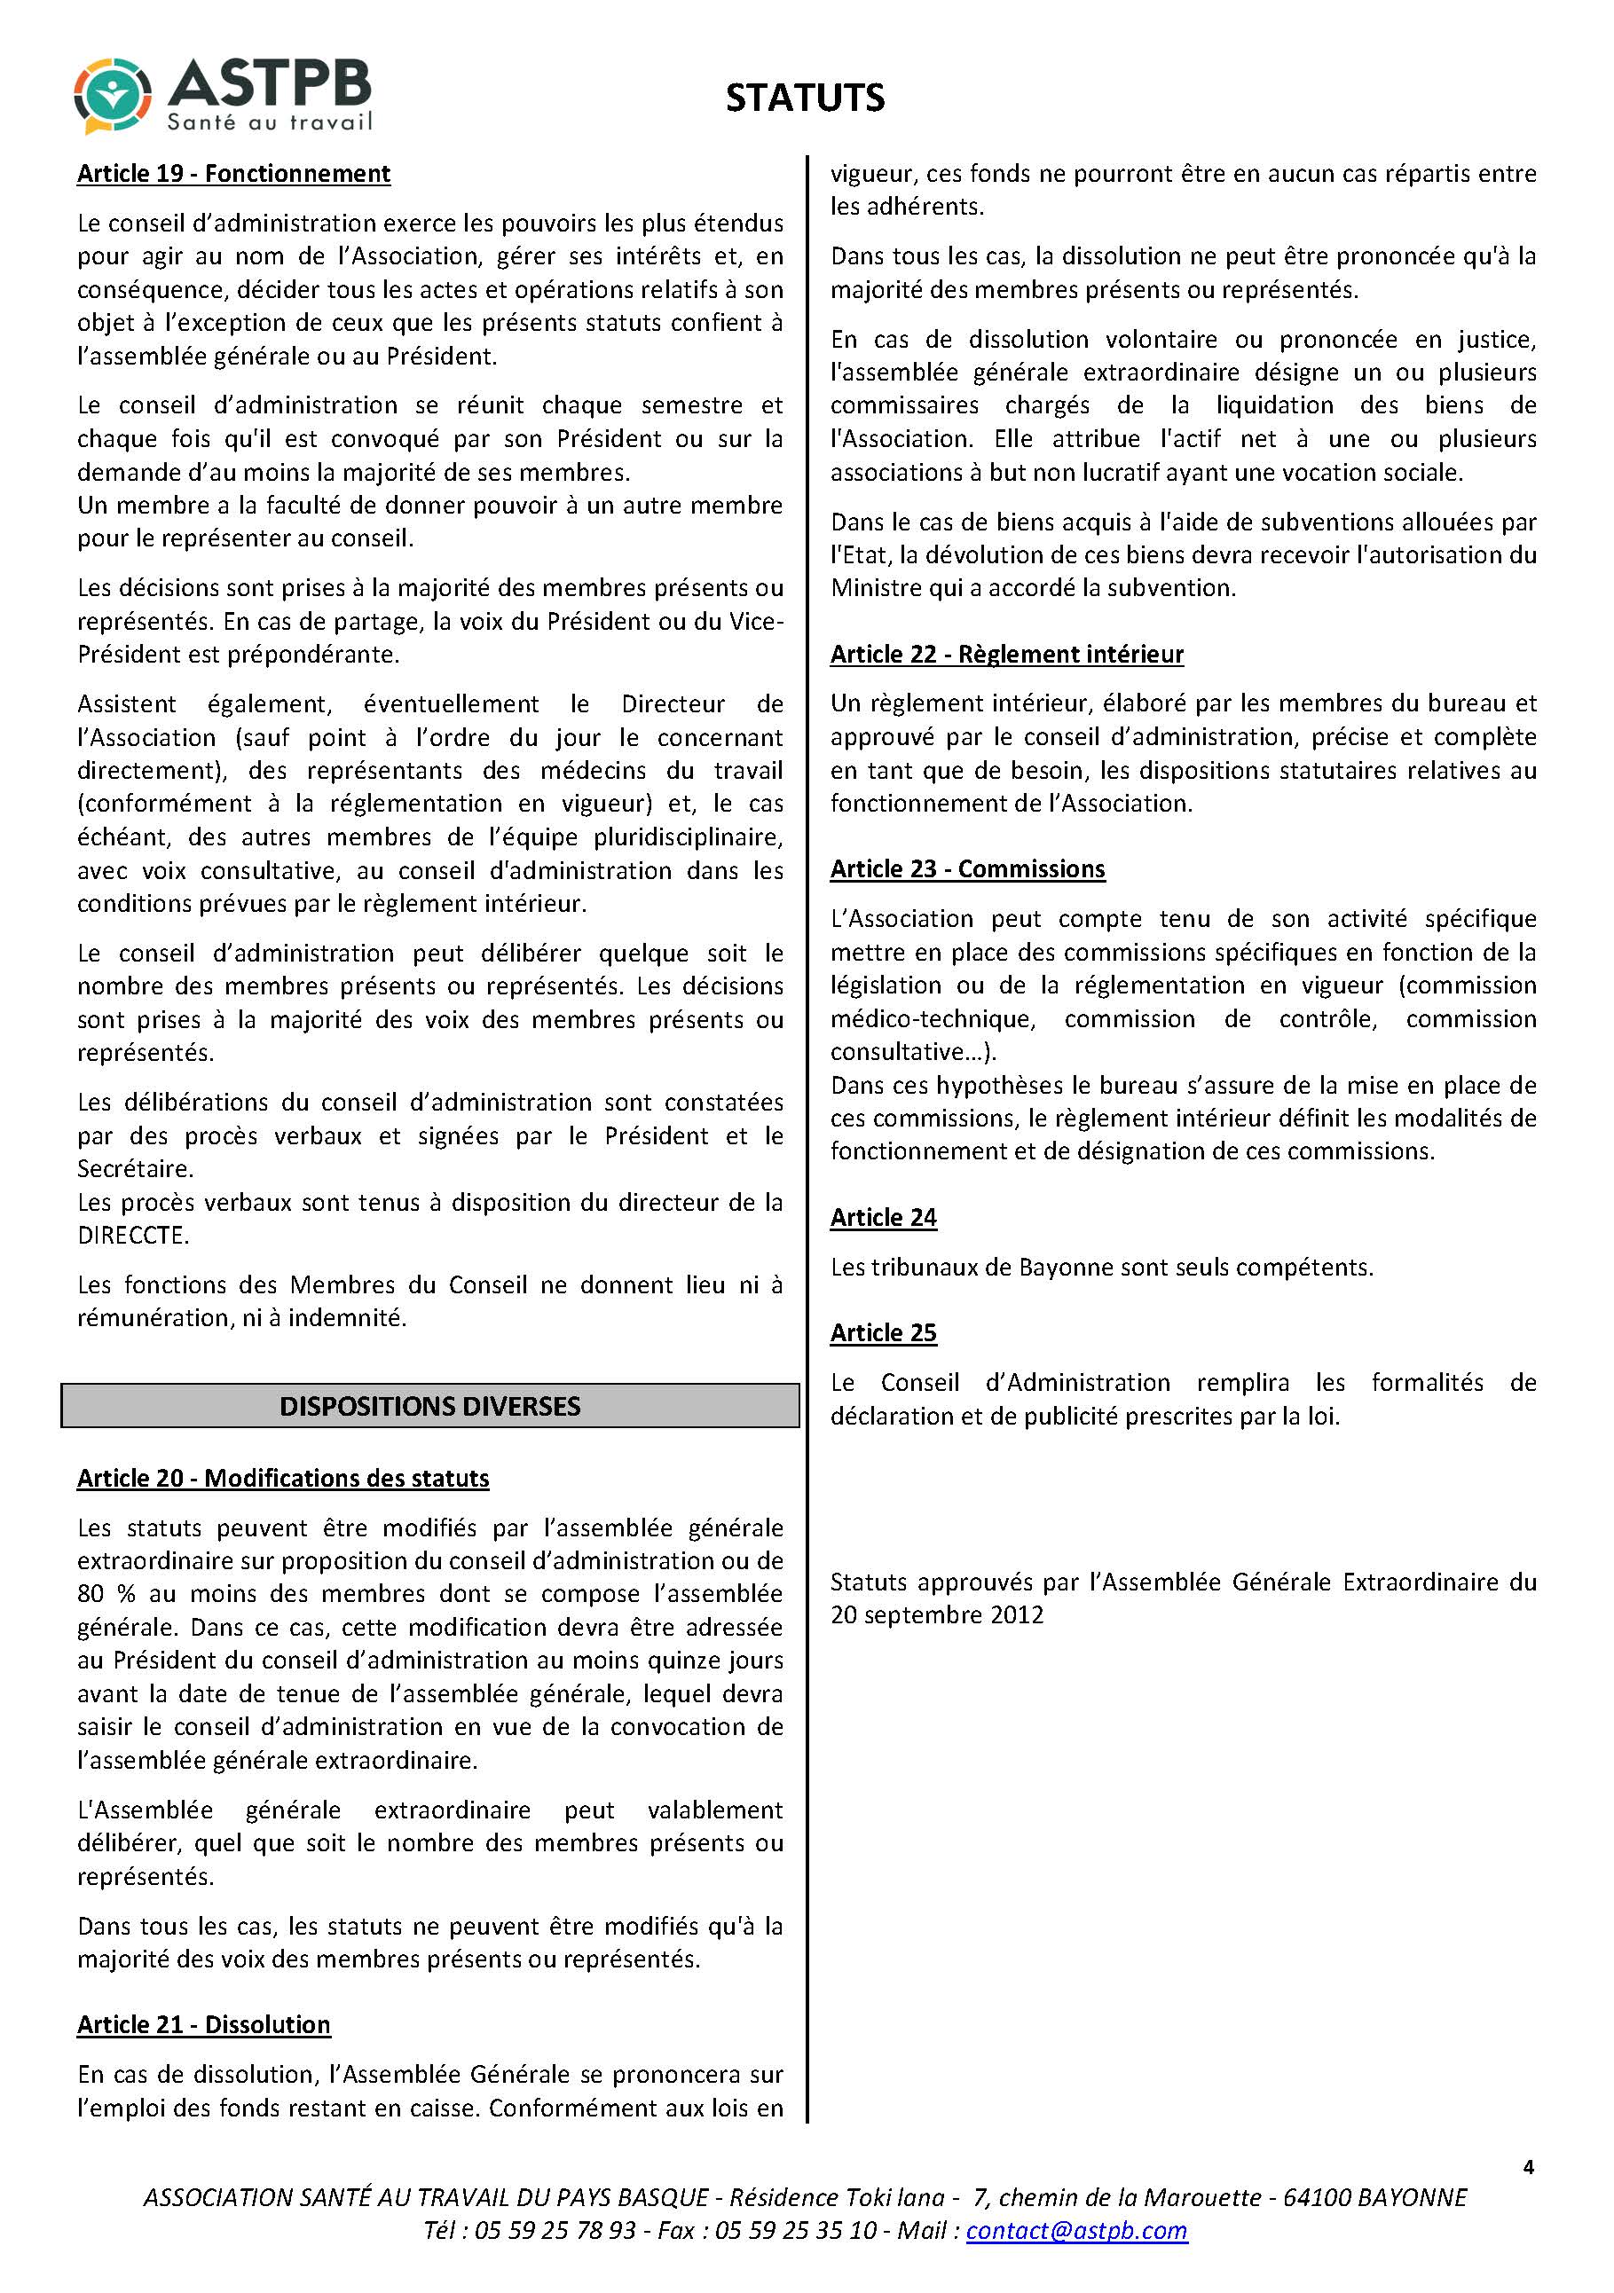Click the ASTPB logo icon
pos(112,96)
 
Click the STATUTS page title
pos(804,98)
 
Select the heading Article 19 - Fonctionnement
pos(233,174)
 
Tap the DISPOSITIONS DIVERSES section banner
pos(429,1405)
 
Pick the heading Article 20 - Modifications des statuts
pos(283,1478)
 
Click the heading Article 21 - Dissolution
pos(204,2024)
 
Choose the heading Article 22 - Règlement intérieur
pos(1007,654)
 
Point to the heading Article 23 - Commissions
pos(967,869)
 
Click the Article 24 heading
pos(883,1217)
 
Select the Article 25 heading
pos(883,1332)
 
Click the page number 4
pos(1528,2166)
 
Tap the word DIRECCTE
pos(132,1236)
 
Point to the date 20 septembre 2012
pos(937,1615)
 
